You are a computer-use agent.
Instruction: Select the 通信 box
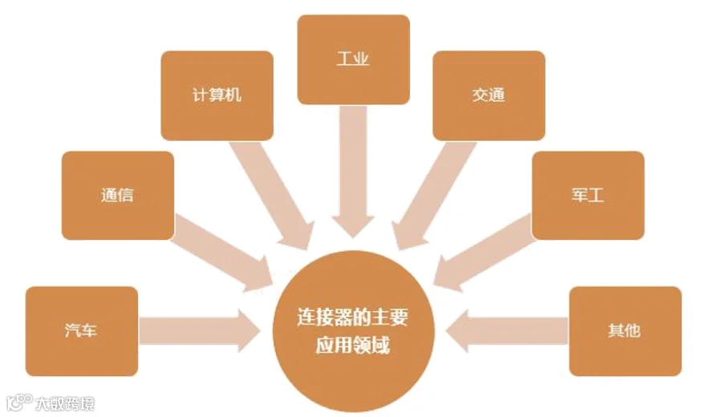coord(117,196)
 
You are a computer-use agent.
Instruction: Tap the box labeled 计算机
coord(217,95)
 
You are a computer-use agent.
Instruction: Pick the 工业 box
coord(353,59)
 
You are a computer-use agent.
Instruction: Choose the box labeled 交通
coord(489,95)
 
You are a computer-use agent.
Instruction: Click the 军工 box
coord(588,196)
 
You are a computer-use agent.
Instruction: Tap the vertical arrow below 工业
coord(353,168)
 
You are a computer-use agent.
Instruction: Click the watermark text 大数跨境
coord(65,403)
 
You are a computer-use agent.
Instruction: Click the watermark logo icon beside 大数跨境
coord(19,402)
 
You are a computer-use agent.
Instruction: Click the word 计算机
coord(217,95)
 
